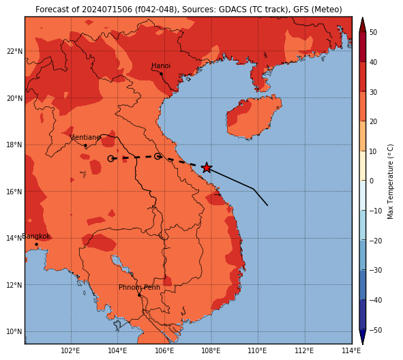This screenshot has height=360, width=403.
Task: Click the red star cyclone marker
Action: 207,168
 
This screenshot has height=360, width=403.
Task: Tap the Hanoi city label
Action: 161,65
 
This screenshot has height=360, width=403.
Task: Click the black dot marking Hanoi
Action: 161,74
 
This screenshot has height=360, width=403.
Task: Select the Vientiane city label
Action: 85,138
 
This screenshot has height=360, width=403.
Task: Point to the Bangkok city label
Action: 36,236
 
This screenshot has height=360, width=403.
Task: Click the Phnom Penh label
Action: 139,287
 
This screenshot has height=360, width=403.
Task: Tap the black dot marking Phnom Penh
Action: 139,295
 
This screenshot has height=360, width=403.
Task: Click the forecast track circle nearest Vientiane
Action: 110,159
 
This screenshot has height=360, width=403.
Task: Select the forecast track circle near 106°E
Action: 158,156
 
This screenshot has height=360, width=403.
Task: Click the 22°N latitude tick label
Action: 14,51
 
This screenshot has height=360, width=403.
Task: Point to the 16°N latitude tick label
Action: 14,192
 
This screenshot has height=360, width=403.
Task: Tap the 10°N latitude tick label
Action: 14,332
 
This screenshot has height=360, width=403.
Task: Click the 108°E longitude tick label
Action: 211,350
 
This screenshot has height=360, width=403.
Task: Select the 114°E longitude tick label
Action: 351,350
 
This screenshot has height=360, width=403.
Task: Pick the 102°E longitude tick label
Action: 71,350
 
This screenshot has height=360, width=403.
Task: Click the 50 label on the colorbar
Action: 374,32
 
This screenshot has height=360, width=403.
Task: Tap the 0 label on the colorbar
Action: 372,181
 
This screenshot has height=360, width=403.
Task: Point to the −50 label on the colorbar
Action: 376,330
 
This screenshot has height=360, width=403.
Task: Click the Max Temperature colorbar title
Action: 391,181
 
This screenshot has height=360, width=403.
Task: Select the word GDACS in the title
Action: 229,10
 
